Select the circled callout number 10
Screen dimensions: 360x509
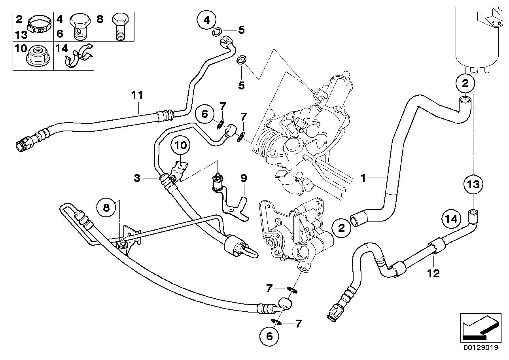point(180,146)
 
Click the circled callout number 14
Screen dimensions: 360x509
point(452,218)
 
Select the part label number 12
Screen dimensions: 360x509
point(434,273)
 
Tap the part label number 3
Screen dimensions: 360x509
point(137,178)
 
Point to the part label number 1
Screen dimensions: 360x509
point(363,178)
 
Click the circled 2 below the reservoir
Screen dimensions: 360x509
point(465,83)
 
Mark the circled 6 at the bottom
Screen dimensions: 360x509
point(269,336)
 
